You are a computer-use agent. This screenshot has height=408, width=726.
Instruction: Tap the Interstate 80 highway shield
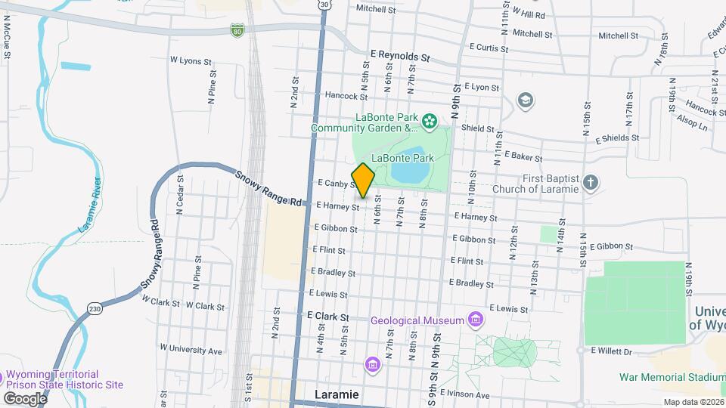[x=237, y=29]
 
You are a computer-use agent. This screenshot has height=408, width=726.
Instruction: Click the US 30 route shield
[x=324, y=5]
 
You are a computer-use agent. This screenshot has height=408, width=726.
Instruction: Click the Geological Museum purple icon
[x=475, y=320]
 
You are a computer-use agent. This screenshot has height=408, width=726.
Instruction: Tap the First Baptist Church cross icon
[x=591, y=182]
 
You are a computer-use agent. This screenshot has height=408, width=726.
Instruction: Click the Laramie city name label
[x=336, y=394]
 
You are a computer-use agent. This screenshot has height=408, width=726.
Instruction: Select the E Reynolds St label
[x=400, y=56]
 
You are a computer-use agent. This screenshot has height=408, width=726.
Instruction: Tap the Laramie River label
[x=90, y=205]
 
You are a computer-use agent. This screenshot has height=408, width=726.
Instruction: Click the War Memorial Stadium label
[x=672, y=376]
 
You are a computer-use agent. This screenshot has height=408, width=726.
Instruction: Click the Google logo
[x=25, y=398]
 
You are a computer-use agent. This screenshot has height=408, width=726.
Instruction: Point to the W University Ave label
[x=192, y=351]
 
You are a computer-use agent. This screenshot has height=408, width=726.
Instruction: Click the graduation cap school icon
[x=524, y=100]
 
